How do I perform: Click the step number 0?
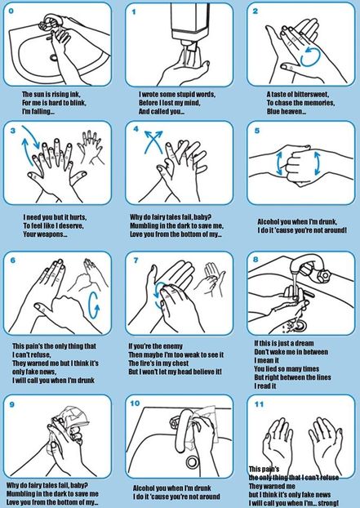point(11,11)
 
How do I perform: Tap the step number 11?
point(259,404)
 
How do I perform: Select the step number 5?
point(257,131)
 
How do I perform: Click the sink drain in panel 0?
point(54,58)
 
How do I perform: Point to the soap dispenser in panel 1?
point(190,25)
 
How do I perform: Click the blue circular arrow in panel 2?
point(310,56)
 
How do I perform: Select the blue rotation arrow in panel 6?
point(94,305)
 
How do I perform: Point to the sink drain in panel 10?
point(193,461)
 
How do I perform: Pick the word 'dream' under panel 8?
point(304,343)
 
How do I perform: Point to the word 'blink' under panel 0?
point(78,103)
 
